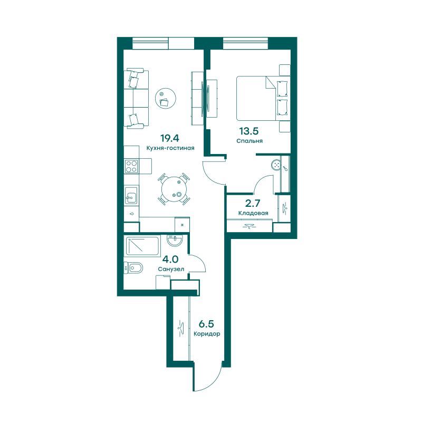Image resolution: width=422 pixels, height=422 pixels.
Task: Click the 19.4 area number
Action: [169, 138]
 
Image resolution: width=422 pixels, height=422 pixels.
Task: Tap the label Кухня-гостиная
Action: [170, 148]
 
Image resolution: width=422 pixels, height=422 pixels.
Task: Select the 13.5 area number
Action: [249, 131]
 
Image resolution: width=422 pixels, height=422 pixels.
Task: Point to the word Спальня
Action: [250, 141]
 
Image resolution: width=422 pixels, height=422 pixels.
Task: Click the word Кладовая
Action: [253, 213]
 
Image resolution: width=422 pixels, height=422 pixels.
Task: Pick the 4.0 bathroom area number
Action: [170, 260]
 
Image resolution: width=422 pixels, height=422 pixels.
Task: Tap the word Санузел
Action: [171, 269]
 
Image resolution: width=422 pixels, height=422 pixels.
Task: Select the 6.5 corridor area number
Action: [206, 324]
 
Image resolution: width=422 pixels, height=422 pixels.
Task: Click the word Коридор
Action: [207, 334]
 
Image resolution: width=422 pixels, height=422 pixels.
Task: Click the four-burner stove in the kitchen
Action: [131, 166]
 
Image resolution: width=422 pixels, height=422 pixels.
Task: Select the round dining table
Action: [174, 189]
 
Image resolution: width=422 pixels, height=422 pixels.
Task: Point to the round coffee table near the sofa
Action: [166, 98]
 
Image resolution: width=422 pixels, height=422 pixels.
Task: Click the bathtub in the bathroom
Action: [142, 246]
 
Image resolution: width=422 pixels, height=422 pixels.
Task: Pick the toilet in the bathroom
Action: [133, 268]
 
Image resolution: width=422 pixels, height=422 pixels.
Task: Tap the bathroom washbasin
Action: [175, 240]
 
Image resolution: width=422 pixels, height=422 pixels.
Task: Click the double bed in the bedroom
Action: [263, 98]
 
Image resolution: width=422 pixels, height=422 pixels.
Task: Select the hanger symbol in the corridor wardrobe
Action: [180, 328]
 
